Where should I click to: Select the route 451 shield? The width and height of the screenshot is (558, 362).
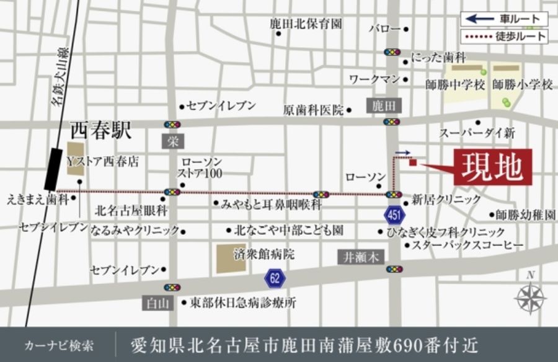(391, 214)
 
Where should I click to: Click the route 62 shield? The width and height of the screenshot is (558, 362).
(275, 278)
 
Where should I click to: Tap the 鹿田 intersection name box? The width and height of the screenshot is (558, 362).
(384, 106)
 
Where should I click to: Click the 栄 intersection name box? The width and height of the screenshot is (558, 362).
(172, 141)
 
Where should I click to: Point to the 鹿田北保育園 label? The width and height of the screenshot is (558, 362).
(306, 24)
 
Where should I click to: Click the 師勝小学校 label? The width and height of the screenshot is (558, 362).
(522, 84)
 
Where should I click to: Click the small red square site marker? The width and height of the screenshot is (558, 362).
(413, 163)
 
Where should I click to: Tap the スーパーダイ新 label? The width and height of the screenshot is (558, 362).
(477, 133)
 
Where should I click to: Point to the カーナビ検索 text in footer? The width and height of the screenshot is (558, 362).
(59, 345)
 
